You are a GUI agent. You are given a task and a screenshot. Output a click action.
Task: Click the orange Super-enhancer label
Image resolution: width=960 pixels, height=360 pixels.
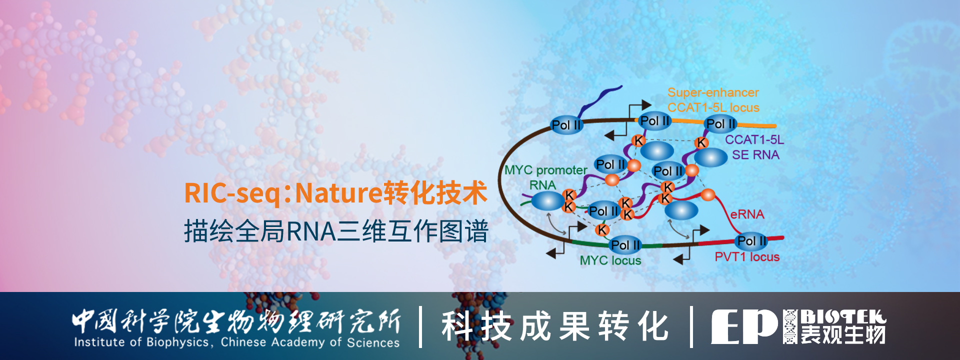713,92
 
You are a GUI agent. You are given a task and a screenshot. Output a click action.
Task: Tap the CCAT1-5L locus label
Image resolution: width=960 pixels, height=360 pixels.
713,107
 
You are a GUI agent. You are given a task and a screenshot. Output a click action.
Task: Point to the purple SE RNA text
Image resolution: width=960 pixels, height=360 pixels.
755,155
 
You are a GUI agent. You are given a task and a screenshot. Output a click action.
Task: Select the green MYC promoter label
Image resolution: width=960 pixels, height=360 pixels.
545,170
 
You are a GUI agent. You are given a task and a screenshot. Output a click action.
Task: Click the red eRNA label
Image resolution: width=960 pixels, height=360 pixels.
747,214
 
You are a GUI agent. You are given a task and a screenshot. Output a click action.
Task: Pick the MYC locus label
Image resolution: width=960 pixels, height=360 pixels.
610,260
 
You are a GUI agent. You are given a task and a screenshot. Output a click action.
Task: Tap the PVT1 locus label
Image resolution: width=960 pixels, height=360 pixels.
747,257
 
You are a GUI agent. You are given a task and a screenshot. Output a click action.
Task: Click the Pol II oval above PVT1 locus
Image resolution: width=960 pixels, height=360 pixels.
751,241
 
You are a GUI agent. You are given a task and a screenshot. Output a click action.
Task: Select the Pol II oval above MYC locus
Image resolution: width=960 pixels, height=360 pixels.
625,245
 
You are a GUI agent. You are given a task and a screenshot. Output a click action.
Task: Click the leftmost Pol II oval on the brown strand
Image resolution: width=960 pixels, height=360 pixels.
566,125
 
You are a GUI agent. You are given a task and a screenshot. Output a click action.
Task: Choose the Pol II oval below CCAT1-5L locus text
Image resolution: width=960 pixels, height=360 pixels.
720,123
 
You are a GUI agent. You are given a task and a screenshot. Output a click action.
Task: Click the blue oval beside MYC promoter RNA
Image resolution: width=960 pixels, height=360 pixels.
547,201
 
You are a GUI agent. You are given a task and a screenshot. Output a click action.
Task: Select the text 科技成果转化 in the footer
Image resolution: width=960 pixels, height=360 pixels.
554,326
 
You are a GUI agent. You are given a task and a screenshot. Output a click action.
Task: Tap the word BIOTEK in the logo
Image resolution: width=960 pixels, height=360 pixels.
843,317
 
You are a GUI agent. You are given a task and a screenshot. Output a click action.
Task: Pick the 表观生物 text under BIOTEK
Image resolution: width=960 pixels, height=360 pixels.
843,335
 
